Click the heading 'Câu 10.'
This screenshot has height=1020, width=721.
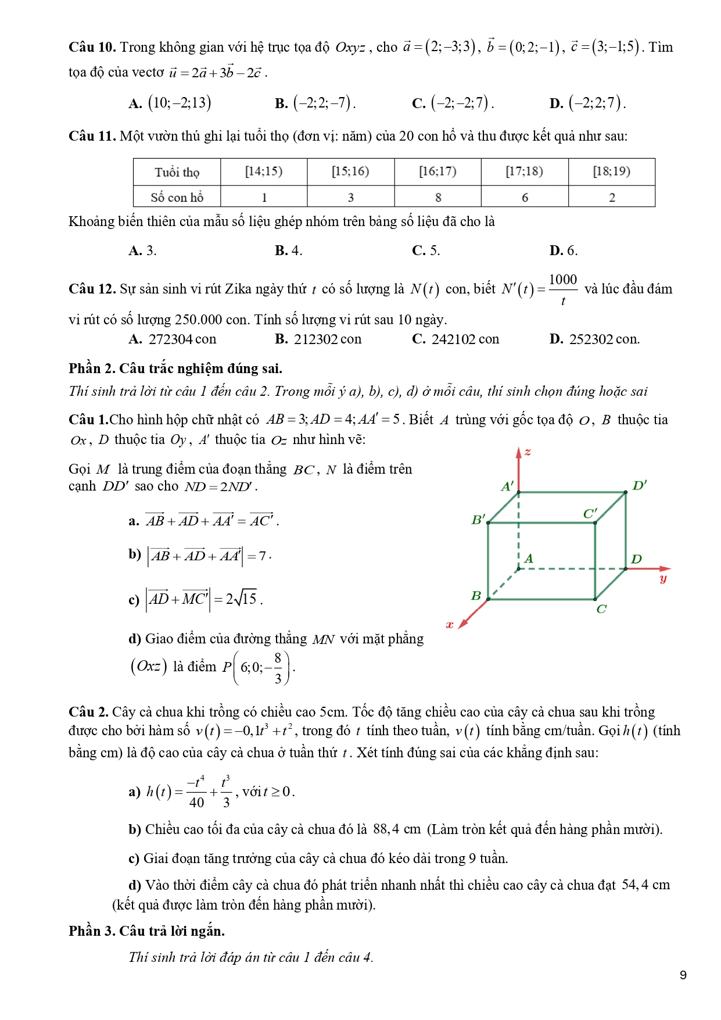(92, 47)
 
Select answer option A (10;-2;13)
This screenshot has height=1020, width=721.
(170, 103)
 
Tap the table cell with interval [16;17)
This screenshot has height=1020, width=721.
(437, 171)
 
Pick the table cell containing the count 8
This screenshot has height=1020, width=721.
(438, 198)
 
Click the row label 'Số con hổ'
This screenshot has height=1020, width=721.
(177, 198)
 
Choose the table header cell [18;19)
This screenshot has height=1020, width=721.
(611, 171)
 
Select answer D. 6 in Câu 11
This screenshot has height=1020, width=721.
(564, 250)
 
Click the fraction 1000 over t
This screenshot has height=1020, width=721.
(562, 289)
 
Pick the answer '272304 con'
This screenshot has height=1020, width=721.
(182, 339)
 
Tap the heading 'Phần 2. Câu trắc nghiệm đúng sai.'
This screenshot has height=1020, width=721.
(175, 368)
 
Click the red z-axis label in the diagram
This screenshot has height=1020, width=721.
(528, 452)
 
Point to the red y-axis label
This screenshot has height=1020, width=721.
(663, 578)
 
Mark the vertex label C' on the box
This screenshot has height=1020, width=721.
(590, 513)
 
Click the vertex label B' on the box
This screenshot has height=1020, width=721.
(478, 519)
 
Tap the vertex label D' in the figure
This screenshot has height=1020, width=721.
(639, 485)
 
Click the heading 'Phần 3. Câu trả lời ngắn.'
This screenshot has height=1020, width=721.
(146, 931)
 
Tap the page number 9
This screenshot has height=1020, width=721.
(683, 975)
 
